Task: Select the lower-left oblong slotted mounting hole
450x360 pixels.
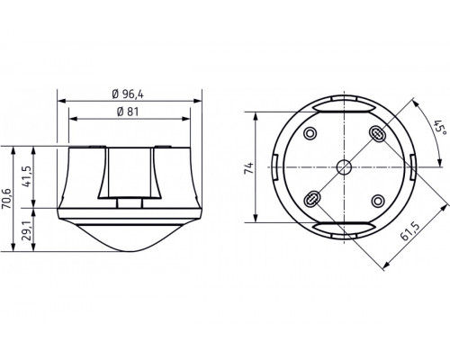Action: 312,198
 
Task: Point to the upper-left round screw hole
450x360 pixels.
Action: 311,135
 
